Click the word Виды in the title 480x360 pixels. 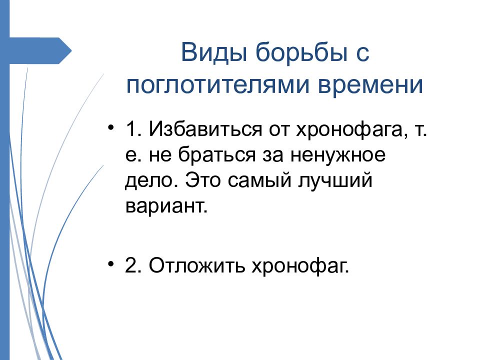tap(213, 52)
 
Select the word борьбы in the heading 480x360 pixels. tap(301, 52)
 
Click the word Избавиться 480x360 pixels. tap(205, 129)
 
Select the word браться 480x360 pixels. tap(216, 154)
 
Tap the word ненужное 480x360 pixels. tap(337, 155)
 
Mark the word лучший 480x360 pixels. tap(335, 180)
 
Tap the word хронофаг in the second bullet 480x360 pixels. tap(300, 266)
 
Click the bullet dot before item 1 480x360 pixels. tap(111, 126)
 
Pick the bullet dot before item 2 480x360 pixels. tap(111, 263)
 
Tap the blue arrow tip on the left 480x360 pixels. tap(71, 51)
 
